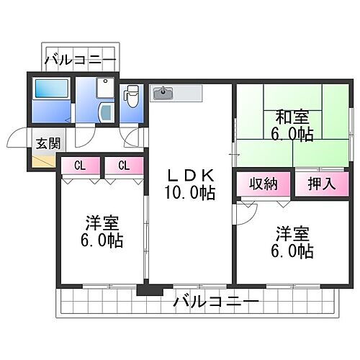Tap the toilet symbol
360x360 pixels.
pos(131,95)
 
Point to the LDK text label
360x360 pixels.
pos(191,176)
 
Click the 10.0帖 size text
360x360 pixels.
pos(191,194)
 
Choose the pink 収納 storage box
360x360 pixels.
pos(264,183)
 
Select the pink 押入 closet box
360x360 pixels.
pos(322,183)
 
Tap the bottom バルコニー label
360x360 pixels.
pos(216,302)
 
